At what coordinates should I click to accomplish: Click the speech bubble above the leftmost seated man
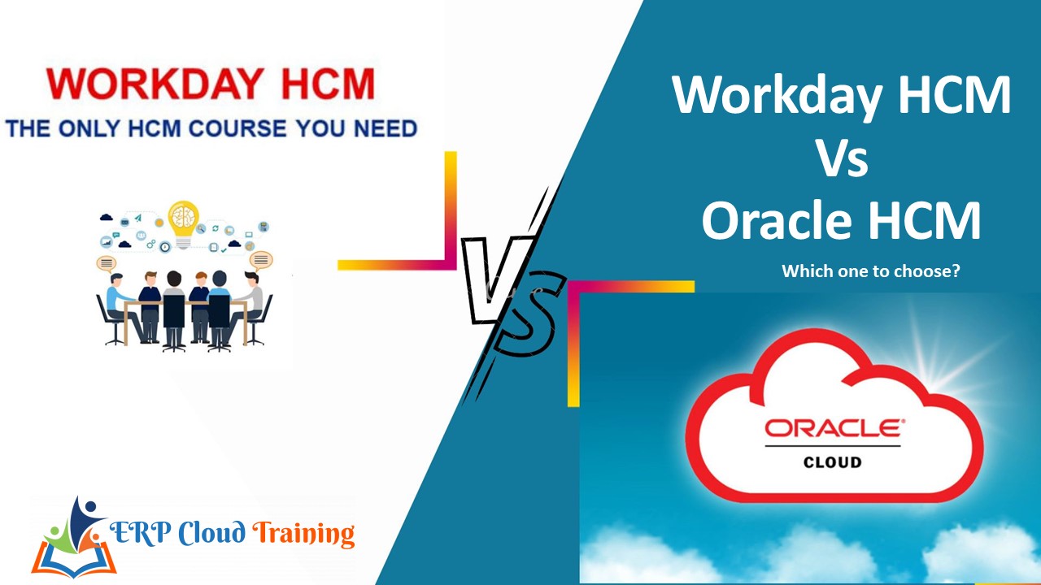(107, 262)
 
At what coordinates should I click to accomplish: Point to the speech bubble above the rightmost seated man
(260, 260)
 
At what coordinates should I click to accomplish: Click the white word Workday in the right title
(777, 94)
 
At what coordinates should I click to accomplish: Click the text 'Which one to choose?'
(870, 271)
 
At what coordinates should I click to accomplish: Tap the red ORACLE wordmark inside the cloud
(832, 428)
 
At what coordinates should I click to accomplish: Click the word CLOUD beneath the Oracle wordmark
(832, 461)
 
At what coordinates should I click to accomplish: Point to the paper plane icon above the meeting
(138, 218)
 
